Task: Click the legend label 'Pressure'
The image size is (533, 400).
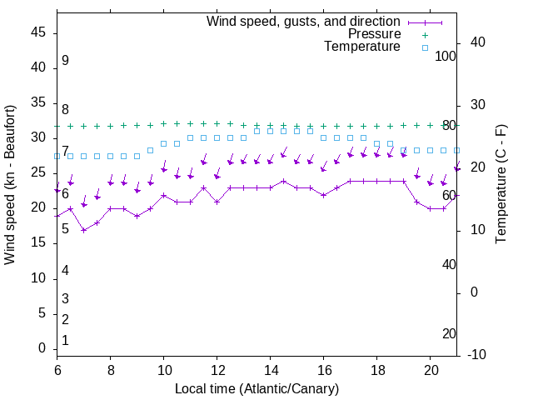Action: pyautogui.click(x=375, y=34)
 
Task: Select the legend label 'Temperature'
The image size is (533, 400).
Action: pyautogui.click(x=362, y=47)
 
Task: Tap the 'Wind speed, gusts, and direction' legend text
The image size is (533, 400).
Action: pyautogui.click(x=304, y=21)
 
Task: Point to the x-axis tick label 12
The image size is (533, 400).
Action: pyautogui.click(x=217, y=369)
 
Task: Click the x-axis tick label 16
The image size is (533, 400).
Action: pyautogui.click(x=324, y=369)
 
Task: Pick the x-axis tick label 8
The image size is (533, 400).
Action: pyautogui.click(x=111, y=369)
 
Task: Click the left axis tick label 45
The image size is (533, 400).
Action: pyautogui.click(x=37, y=32)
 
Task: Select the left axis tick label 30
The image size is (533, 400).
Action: pyautogui.click(x=37, y=137)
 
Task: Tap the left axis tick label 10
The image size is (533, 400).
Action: pyautogui.click(x=37, y=278)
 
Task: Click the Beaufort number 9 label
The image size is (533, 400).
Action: pyautogui.click(x=65, y=61)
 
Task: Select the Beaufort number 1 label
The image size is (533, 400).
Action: pyautogui.click(x=65, y=341)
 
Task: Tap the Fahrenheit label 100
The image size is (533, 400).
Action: pyautogui.click(x=446, y=56)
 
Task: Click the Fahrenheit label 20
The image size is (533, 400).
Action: pyautogui.click(x=449, y=334)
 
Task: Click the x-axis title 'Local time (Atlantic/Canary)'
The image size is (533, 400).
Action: pyautogui.click(x=257, y=388)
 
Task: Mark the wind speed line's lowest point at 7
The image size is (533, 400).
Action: pyautogui.click(x=84, y=230)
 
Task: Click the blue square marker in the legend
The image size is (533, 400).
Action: pyautogui.click(x=425, y=47)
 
